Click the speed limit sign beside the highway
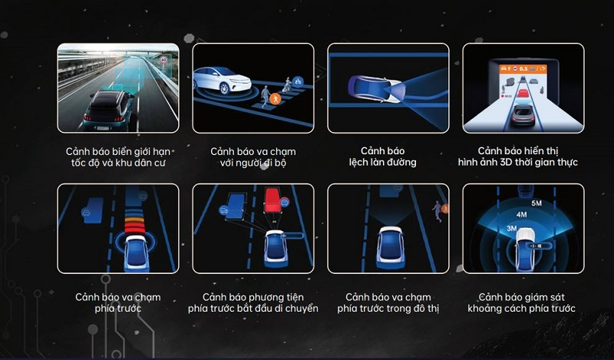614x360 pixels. coord(163,60)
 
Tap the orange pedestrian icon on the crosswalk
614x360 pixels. coord(276,99)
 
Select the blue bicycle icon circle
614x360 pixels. coord(298,81)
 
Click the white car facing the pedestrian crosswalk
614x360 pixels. coord(222,80)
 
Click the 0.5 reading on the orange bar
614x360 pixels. coord(523,68)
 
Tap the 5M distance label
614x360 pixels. coord(536,203)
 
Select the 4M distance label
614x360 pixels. coord(522,215)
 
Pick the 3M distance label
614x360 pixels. coord(512,228)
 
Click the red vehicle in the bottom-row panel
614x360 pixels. coord(274,200)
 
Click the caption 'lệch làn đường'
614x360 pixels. coord(382,162)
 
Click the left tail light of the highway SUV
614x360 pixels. coord(87,118)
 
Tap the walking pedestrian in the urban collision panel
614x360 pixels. coord(437,212)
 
